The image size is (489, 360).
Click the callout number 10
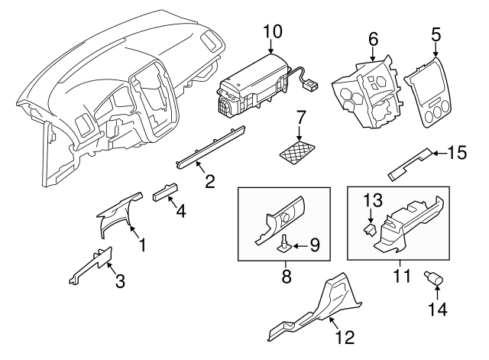point(273,32)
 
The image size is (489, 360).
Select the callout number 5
point(436,34)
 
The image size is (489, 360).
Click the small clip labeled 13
point(370,228)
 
